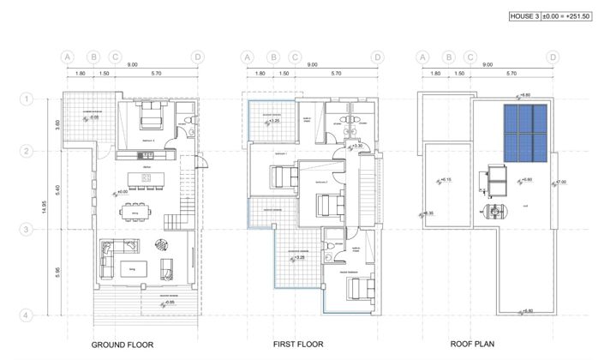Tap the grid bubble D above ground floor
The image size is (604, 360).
198,57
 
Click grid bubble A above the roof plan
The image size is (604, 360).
422,57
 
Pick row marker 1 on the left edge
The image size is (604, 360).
27,99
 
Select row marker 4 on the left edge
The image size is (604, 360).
27,315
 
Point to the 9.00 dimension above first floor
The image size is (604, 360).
312,65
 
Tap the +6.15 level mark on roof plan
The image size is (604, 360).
446,179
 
